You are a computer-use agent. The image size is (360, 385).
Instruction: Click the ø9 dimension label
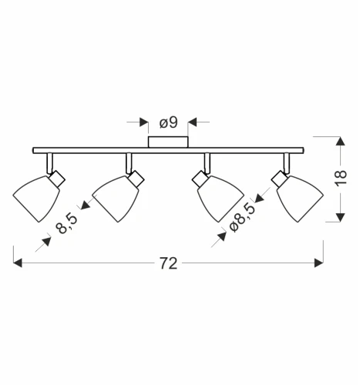click(x=169, y=122)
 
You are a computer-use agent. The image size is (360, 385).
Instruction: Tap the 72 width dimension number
click(x=169, y=263)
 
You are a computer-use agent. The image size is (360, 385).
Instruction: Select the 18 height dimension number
click(x=341, y=177)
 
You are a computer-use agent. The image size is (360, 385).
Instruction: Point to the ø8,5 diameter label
click(x=243, y=217)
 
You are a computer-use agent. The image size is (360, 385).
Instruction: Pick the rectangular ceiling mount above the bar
click(x=168, y=142)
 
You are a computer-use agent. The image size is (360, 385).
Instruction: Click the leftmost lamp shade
click(x=36, y=199)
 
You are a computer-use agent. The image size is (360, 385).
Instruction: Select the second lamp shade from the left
click(x=116, y=199)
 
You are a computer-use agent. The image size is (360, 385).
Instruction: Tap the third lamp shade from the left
click(x=220, y=199)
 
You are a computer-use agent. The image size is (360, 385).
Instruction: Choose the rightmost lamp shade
click(x=300, y=199)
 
